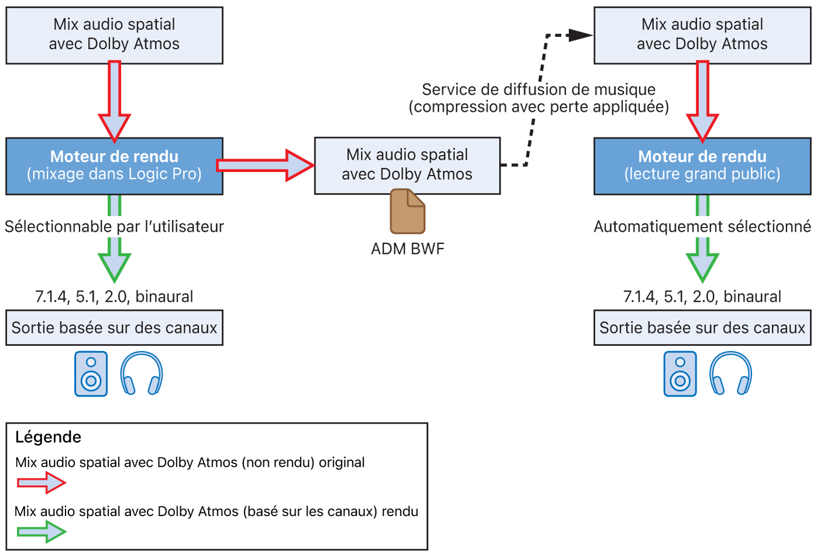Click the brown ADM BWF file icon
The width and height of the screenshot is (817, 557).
(408, 211)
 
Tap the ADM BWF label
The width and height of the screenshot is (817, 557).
(408, 249)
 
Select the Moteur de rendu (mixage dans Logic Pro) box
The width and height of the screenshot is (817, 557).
(114, 166)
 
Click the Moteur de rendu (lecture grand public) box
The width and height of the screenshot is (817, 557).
(702, 166)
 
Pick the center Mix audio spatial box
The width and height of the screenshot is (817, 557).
(407, 165)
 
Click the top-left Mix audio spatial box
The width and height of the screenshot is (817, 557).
(114, 35)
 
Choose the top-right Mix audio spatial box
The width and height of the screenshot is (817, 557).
(702, 35)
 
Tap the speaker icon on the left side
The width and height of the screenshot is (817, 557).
(91, 374)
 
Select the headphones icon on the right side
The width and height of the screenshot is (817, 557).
(730, 373)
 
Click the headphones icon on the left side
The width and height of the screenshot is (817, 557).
(142, 373)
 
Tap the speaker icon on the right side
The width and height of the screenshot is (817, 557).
(680, 374)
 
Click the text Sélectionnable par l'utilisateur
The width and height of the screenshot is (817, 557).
(114, 226)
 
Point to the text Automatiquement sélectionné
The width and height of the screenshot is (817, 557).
(702, 226)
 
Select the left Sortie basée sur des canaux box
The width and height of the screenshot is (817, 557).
(114, 328)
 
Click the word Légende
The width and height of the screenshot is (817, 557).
(48, 437)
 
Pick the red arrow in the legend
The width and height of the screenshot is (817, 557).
(41, 483)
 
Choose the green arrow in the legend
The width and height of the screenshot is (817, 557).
(41, 531)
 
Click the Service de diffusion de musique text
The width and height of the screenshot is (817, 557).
(538, 90)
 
